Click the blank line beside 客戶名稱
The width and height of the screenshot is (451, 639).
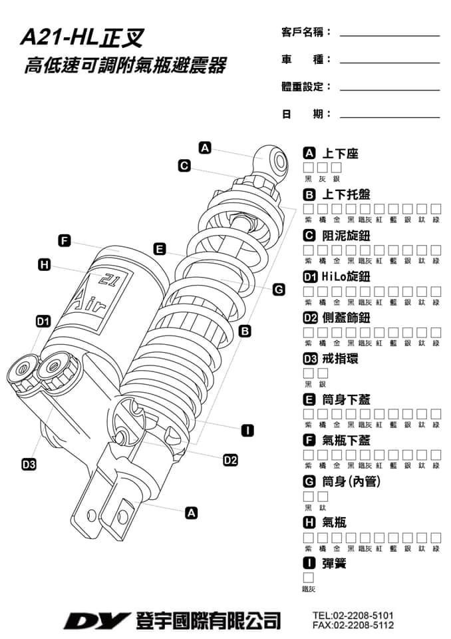point(389,35)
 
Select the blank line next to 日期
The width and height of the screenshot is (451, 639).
point(389,117)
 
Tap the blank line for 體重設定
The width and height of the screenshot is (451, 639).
point(389,90)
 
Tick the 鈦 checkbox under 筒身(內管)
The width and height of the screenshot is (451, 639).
point(323,497)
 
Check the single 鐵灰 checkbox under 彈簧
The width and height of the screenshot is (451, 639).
point(309,578)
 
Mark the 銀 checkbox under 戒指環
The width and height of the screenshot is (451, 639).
point(323,373)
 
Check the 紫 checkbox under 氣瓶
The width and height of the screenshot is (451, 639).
point(309,537)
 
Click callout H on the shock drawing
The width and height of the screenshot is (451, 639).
point(45,266)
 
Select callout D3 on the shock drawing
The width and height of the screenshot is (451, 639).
point(28,464)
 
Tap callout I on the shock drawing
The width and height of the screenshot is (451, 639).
point(247,429)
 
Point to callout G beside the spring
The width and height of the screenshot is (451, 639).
point(279,289)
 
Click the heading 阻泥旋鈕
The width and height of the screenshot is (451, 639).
point(346,236)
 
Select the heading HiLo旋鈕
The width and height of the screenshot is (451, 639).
point(346,277)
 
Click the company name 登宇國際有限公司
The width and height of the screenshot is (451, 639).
point(207,621)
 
